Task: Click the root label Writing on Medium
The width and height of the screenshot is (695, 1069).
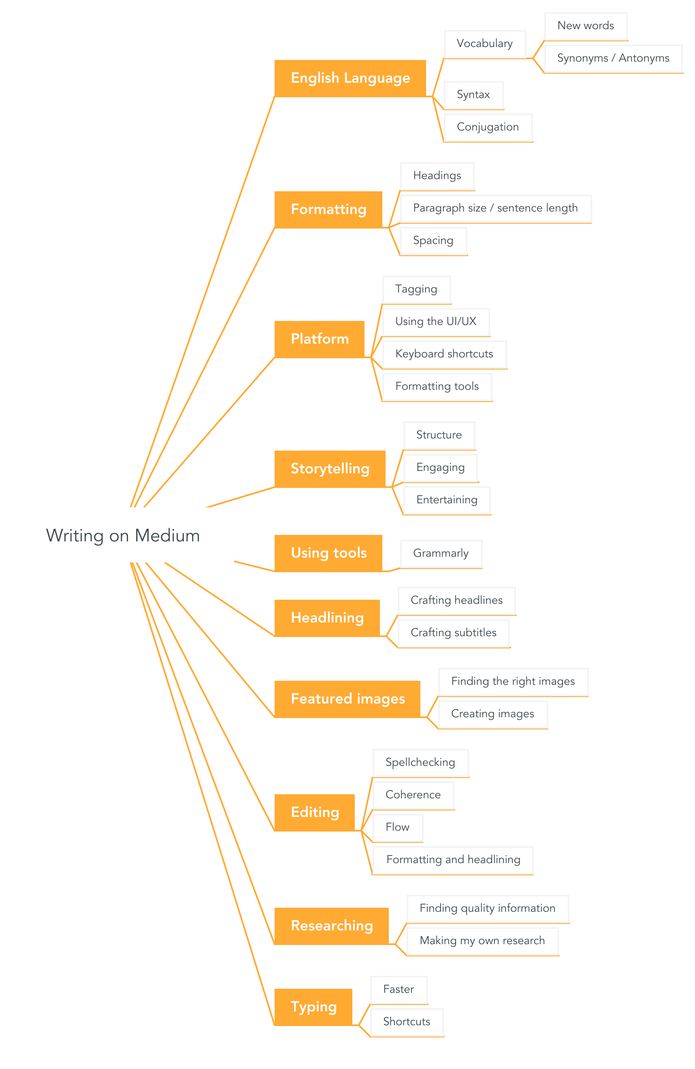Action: point(123,535)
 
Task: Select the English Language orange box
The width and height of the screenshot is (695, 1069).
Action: point(350,78)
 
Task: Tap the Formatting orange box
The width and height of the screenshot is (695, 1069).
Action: point(328,210)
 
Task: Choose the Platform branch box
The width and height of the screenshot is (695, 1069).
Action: point(319,339)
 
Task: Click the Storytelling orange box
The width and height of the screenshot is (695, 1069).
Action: point(330,468)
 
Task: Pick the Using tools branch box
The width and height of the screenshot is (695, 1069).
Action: point(328,553)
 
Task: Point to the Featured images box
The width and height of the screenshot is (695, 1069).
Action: point(347,699)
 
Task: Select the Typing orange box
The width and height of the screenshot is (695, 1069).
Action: point(313,1007)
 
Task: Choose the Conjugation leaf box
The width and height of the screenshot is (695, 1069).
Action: point(488,127)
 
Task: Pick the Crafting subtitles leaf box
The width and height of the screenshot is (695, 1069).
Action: point(453,633)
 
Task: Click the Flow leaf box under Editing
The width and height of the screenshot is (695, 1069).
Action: point(397,827)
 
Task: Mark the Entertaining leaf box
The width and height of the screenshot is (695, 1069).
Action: point(446,500)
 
